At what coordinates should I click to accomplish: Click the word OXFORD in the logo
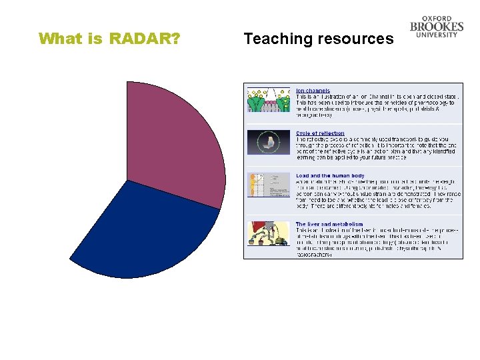[x=437, y=18]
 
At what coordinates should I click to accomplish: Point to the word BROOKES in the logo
[x=436, y=27]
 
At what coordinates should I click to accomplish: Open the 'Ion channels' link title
[x=313, y=91]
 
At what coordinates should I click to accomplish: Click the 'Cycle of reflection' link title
[x=321, y=133]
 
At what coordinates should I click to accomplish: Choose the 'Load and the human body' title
[x=330, y=176]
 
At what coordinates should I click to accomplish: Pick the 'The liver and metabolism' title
[x=329, y=225]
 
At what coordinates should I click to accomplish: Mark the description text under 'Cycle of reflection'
[x=377, y=149]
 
